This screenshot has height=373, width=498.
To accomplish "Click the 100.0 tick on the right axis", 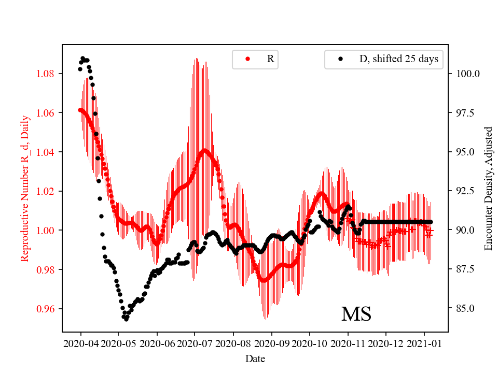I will click(x=467, y=74).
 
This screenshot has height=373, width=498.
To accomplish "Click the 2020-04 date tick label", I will click(x=80, y=343).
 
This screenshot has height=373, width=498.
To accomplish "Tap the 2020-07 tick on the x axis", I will click(x=195, y=343).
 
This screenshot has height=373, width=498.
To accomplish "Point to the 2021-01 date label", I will click(x=424, y=343).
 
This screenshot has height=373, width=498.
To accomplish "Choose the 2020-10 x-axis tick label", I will click(x=309, y=343).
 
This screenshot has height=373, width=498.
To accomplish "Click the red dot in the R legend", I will click(x=247, y=59).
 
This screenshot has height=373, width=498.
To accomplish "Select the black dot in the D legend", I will click(x=340, y=59).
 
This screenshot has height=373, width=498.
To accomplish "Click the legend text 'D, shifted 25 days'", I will click(x=398, y=59).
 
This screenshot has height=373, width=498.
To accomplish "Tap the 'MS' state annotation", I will click(x=356, y=314).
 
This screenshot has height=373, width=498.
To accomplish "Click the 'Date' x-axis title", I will click(x=255, y=358).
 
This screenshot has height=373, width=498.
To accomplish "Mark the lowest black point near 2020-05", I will click(x=126, y=319).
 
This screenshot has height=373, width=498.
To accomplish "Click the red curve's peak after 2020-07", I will click(x=205, y=150).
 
